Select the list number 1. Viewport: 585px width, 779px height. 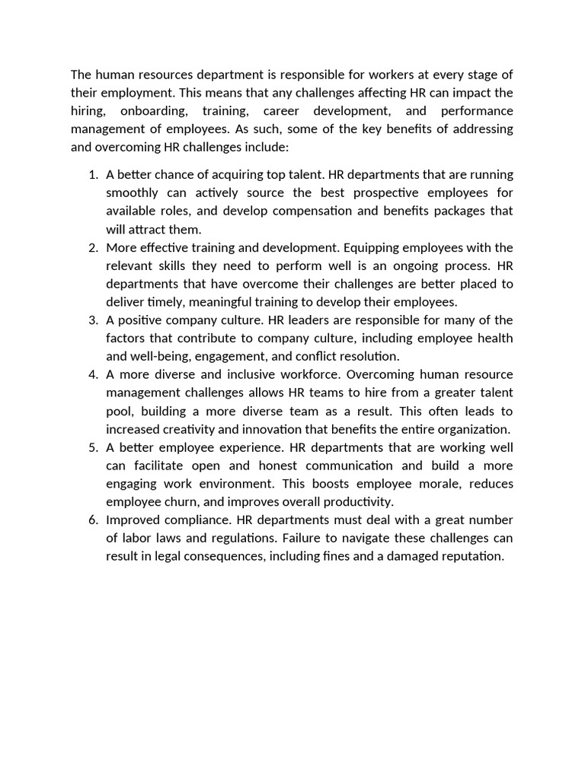pos(92,175)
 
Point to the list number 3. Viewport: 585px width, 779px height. pos(92,320)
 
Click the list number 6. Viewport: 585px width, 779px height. pos(92,520)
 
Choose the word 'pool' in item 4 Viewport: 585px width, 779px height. pos(120,411)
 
